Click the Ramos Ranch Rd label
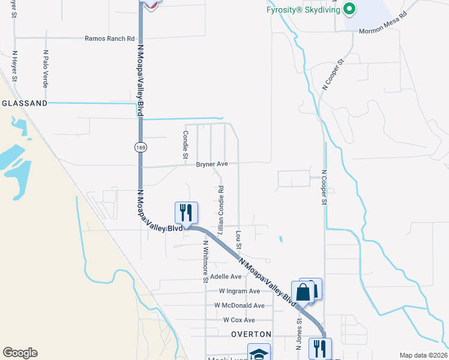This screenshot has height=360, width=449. [x=109, y=38]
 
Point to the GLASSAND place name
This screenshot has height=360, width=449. [x=24, y=103]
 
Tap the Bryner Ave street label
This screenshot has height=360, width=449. [x=212, y=164]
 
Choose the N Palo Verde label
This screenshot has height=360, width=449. [x=46, y=68]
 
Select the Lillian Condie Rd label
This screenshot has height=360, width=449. [x=221, y=209]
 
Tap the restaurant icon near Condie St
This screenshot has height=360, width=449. [x=186, y=212]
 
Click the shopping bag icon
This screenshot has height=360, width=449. [x=303, y=292]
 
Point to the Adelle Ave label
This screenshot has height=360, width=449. [x=225, y=277]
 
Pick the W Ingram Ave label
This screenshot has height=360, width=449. [x=239, y=291]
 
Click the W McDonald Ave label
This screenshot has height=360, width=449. [x=239, y=305]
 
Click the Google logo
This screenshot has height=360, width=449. [x=20, y=353]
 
